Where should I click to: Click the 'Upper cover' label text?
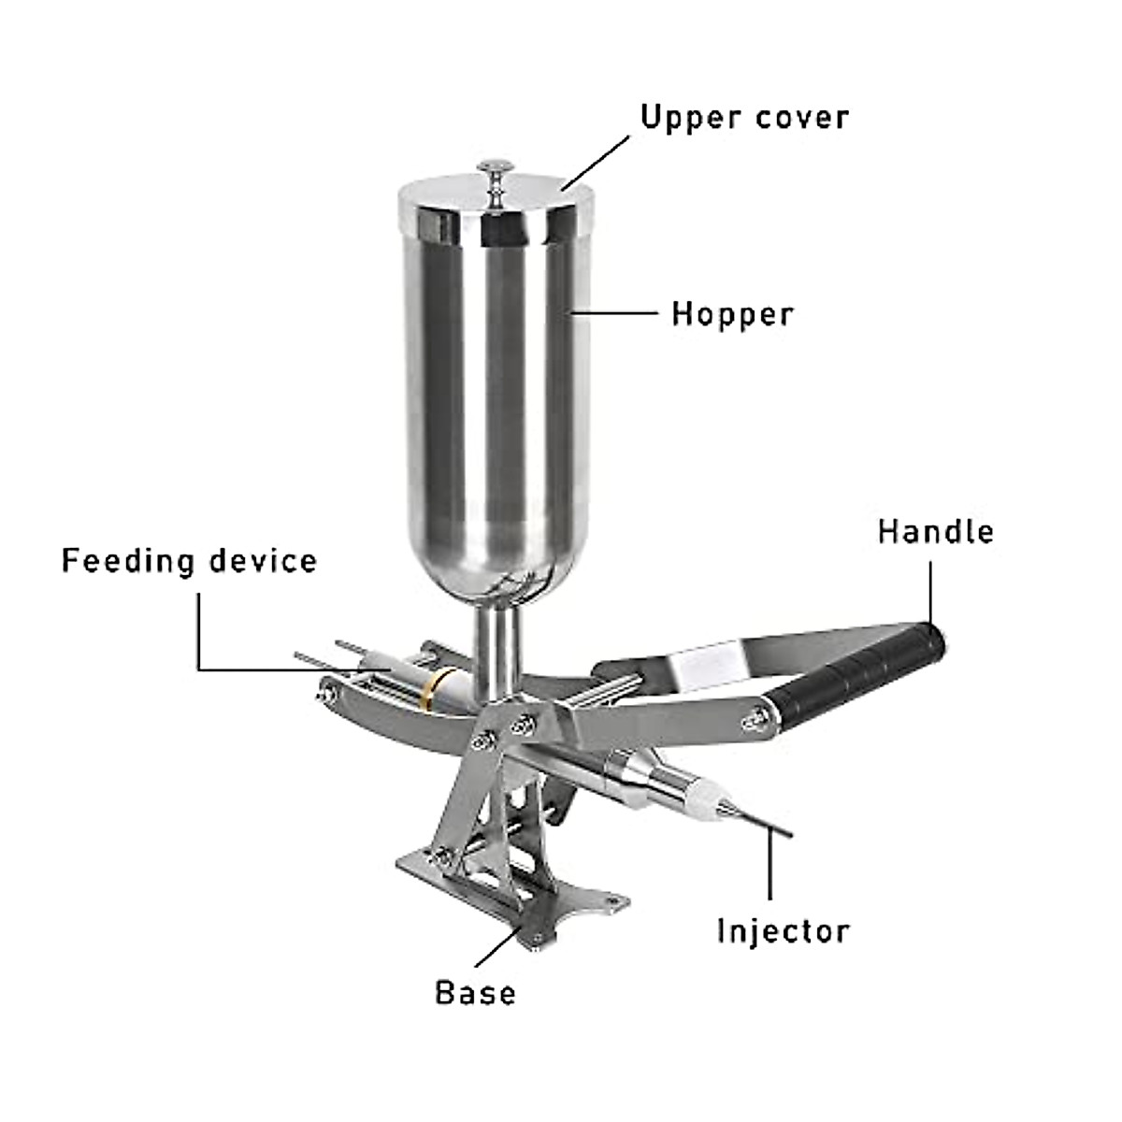744,118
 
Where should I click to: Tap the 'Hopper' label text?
732,314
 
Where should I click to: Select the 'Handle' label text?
935,531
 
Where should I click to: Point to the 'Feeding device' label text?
190,561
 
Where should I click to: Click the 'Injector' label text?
784,931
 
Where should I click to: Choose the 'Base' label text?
475,992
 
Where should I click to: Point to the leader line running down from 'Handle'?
931,589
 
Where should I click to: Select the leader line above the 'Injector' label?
770,870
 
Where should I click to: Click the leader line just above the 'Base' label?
496,948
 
